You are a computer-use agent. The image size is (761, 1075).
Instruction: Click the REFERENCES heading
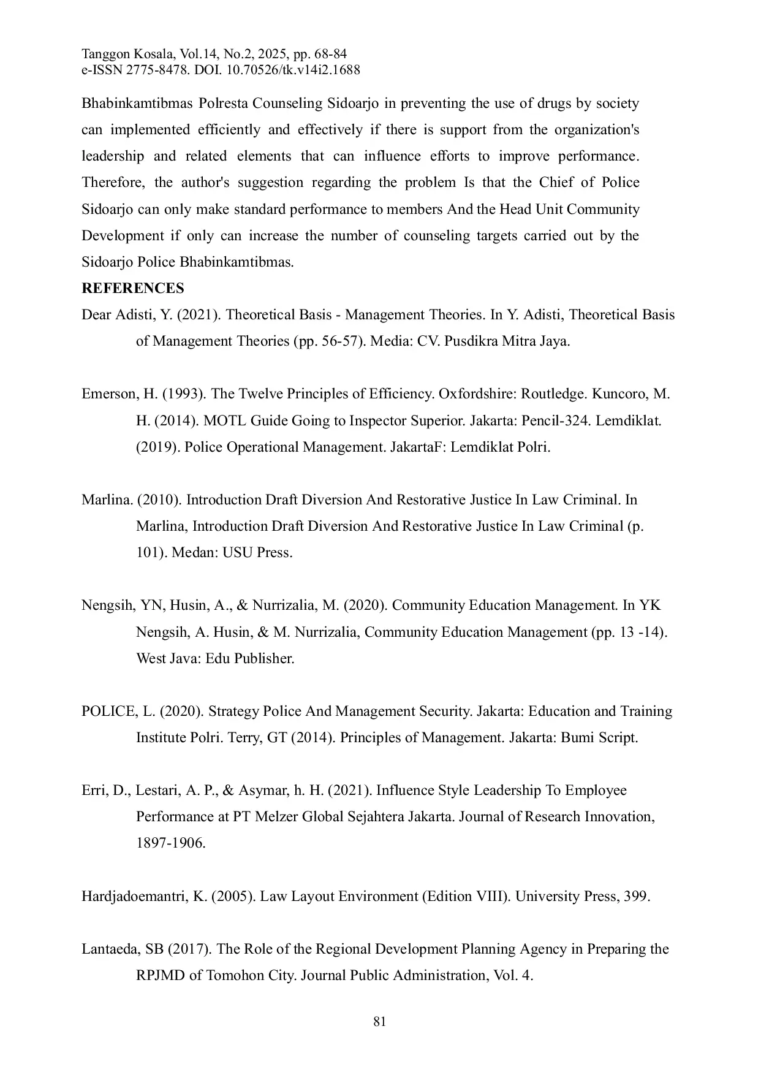(x=132, y=289)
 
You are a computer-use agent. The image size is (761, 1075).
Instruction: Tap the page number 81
(x=380, y=1022)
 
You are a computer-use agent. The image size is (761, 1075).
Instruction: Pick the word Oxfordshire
(x=477, y=394)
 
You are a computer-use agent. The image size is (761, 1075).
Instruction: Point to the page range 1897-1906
(x=170, y=843)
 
